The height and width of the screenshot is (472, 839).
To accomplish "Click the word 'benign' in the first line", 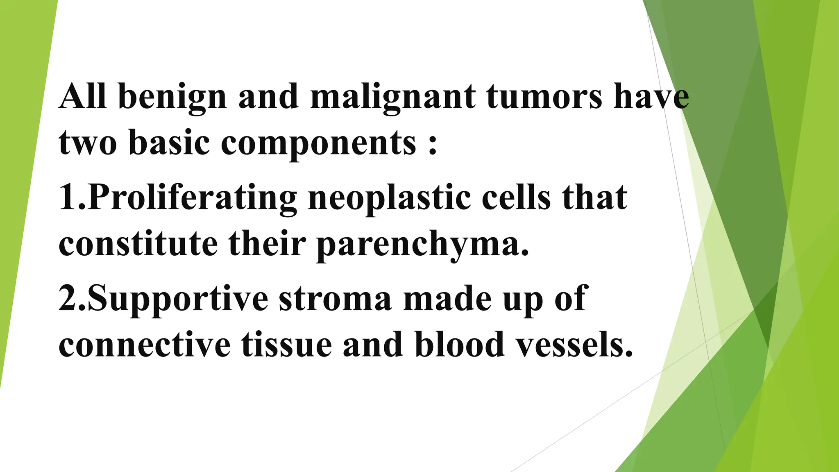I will coord(172,98).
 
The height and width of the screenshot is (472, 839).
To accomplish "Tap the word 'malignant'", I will coord(393,98).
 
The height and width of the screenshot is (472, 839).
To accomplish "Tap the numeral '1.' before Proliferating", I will coord(72,197).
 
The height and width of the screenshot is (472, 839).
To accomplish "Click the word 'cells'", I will coord(516,197).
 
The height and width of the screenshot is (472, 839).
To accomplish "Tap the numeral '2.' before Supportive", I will coord(72,298).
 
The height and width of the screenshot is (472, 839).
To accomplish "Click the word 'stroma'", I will coord(335,298).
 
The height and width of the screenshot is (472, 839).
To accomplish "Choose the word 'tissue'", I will coord(286,344).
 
